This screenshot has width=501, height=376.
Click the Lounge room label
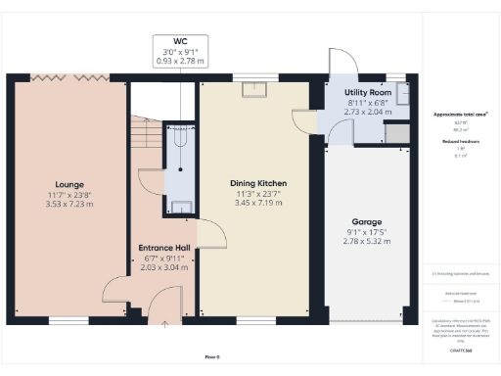coord(69,183)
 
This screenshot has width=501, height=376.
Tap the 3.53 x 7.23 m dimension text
coord(69,204)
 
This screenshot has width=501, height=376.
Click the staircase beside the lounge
coord(144,137)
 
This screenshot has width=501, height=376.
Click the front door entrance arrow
coord(162,322)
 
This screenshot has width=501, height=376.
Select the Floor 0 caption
coord(212,355)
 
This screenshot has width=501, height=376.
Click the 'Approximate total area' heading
coord(461,115)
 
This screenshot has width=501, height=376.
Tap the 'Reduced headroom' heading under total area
coord(461,142)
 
